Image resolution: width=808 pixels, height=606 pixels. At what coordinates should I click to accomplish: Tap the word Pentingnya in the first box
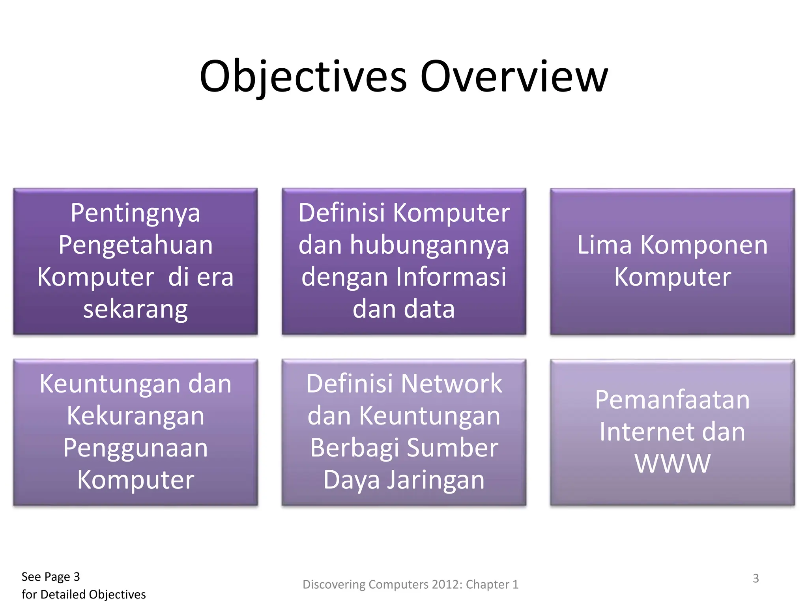(135, 213)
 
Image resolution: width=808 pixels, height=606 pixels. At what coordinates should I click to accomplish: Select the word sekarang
(135, 309)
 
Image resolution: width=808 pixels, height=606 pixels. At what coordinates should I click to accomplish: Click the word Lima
(604, 245)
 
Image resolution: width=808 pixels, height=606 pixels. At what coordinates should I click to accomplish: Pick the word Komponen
(704, 245)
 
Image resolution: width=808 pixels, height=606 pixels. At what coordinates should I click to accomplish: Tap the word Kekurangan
(135, 416)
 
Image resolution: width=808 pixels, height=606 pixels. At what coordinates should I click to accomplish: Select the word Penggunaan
(135, 448)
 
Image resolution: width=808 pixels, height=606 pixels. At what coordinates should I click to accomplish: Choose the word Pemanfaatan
(672, 400)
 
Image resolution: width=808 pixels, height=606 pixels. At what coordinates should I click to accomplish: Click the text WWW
(672, 464)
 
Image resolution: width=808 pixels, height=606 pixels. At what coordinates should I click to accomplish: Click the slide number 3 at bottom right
(756, 578)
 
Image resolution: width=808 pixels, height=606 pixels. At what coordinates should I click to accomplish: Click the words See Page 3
(50, 577)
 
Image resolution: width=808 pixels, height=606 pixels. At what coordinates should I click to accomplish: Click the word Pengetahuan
(135, 245)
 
